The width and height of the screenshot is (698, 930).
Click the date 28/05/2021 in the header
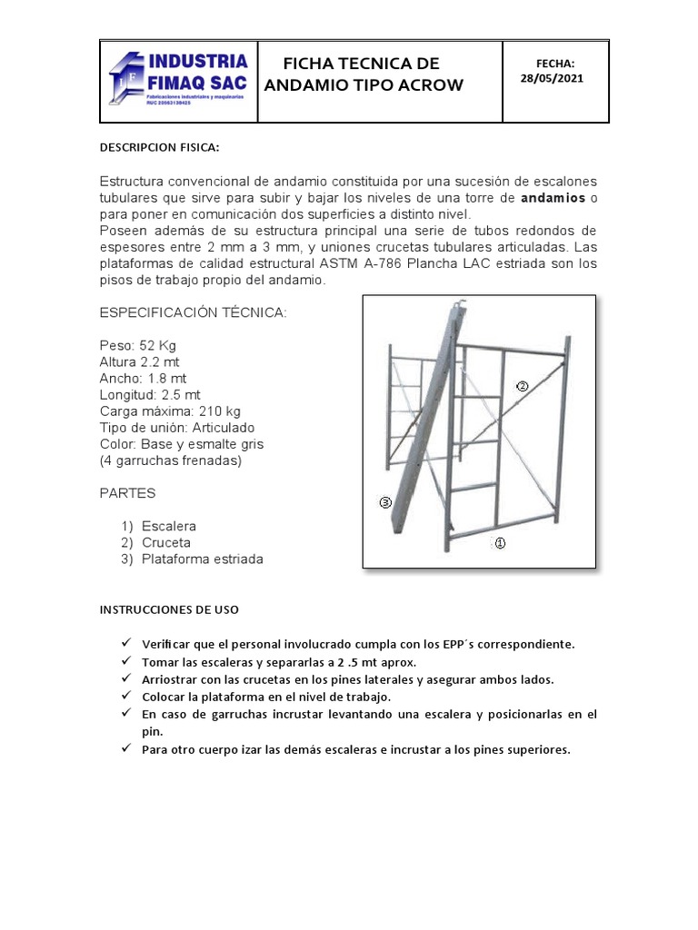(x=552, y=78)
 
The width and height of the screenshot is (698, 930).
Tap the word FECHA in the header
(x=554, y=63)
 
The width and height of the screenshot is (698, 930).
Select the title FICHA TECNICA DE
(x=349, y=63)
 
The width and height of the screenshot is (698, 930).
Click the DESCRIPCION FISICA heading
(x=159, y=148)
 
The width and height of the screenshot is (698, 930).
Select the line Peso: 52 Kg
(x=139, y=345)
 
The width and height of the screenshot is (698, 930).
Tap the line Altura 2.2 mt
(x=139, y=361)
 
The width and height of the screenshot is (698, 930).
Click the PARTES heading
(x=127, y=493)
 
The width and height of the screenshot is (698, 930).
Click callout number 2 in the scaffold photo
(x=522, y=386)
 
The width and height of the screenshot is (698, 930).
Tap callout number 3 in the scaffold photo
(x=385, y=501)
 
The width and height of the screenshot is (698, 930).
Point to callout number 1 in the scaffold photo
(x=499, y=543)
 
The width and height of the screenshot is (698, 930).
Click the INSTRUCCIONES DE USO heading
(x=168, y=610)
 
